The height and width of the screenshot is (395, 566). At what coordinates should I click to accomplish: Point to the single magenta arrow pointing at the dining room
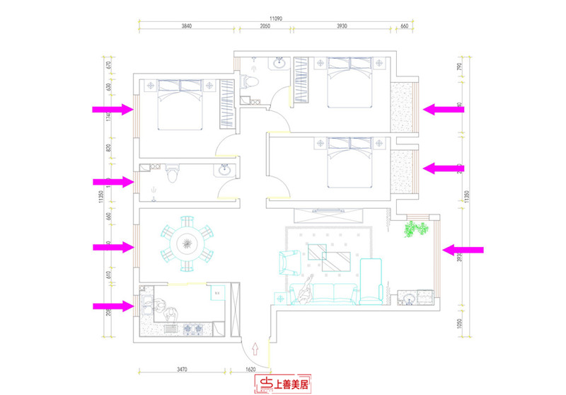[112, 247]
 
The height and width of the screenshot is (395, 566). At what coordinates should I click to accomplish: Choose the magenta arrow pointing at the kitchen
[112, 306]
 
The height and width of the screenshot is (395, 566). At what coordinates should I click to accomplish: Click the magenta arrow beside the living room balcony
[463, 249]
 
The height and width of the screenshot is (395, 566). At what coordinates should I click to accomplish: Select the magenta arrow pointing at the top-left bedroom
[112, 110]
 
